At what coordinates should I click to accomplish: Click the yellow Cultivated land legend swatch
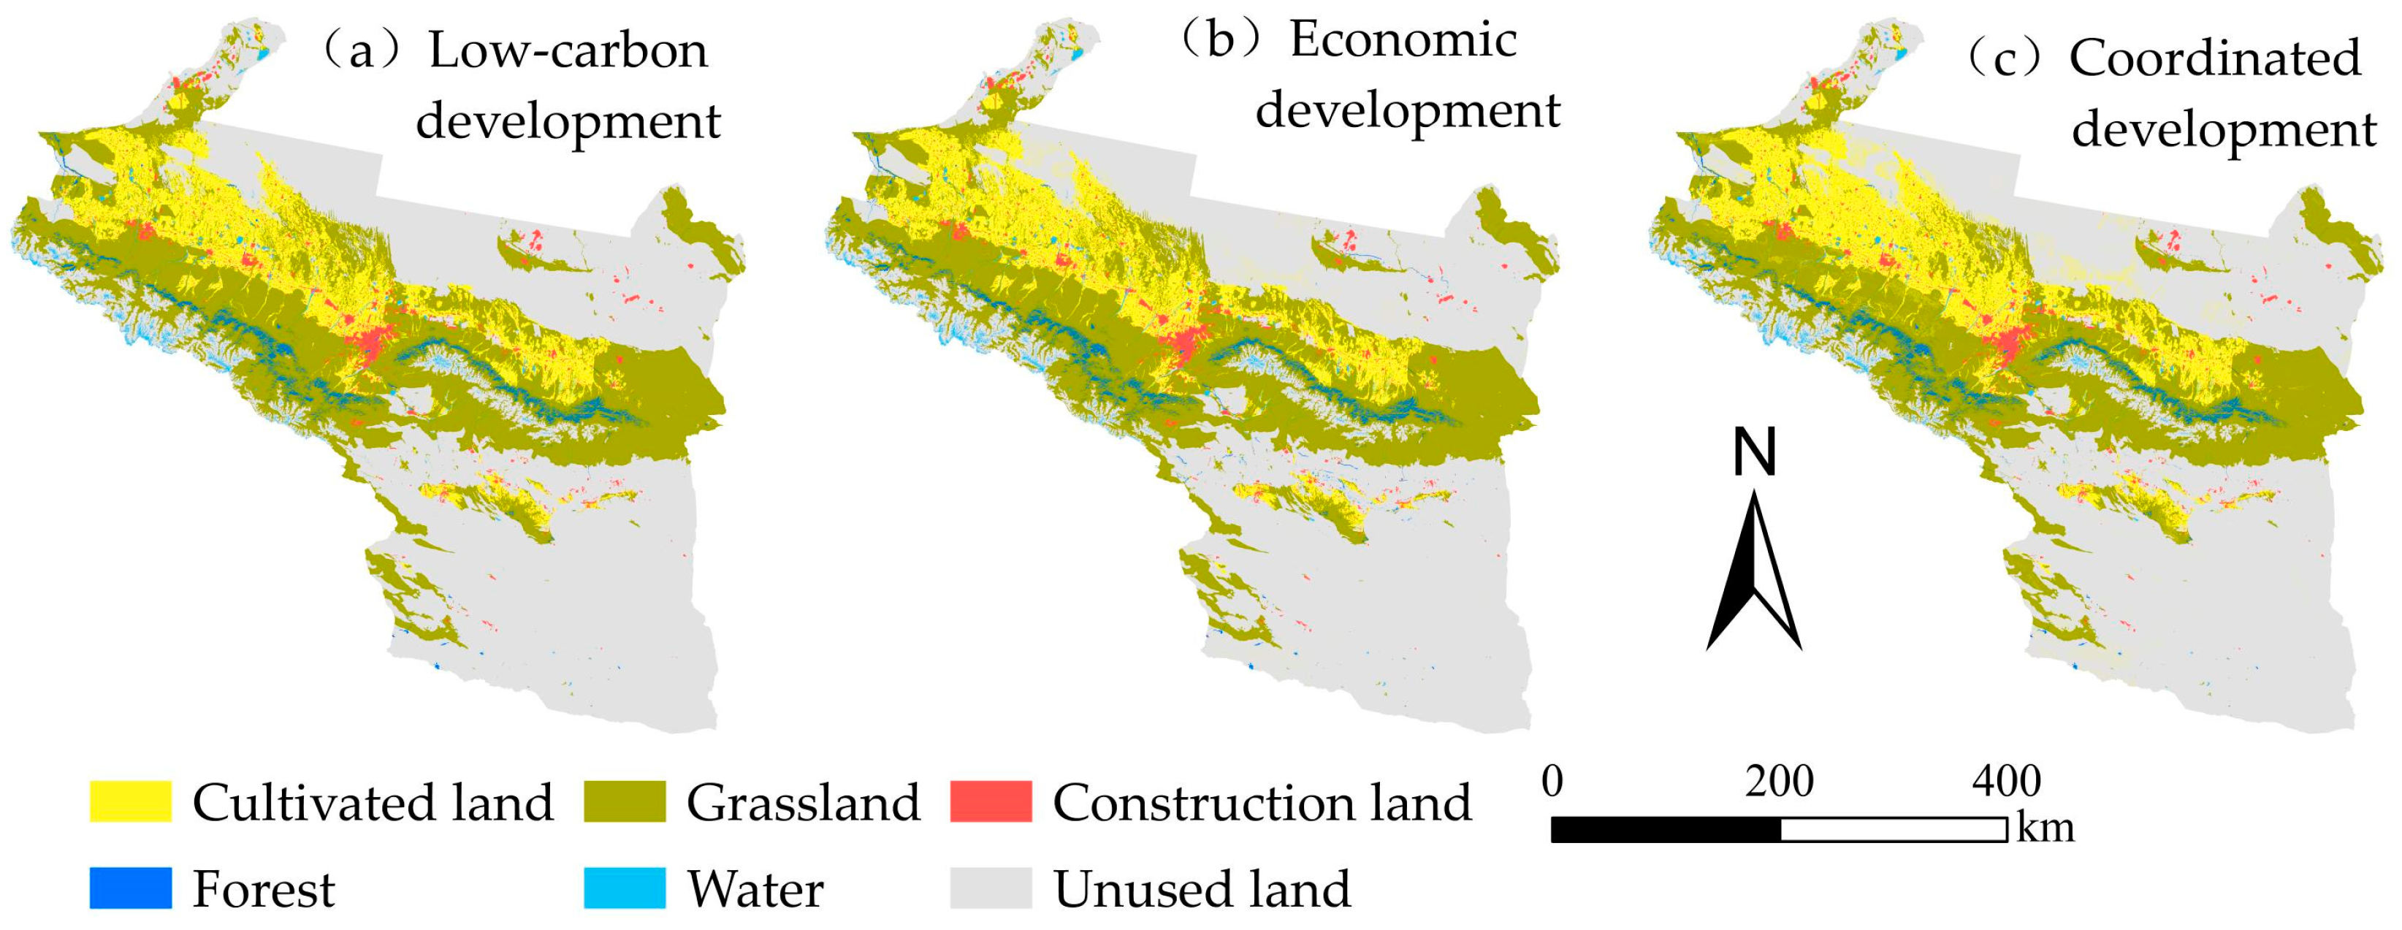pyautogui.click(x=131, y=801)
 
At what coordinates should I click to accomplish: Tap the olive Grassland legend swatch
pyautogui.click(x=625, y=801)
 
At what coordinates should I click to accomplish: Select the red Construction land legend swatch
pyautogui.click(x=991, y=801)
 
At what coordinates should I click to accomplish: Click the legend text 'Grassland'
pyautogui.click(x=803, y=802)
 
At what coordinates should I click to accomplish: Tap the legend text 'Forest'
pyautogui.click(x=264, y=889)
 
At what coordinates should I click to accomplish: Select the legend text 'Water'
pyautogui.click(x=755, y=889)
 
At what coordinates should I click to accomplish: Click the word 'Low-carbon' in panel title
pyautogui.click(x=568, y=50)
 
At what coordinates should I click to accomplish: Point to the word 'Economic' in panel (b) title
pyautogui.click(x=1403, y=39)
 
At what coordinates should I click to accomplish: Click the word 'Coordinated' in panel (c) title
pyautogui.click(x=2214, y=58)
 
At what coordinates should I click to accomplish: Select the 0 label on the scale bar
pyautogui.click(x=1552, y=781)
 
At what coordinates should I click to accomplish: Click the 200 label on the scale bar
pyautogui.click(x=1779, y=781)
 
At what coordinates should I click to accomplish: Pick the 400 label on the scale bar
pyautogui.click(x=2007, y=781)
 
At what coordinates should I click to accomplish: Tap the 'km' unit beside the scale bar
pyautogui.click(x=2045, y=828)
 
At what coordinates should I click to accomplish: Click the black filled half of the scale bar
pyautogui.click(x=1666, y=829)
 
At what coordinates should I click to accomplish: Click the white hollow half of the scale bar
pyautogui.click(x=1893, y=829)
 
